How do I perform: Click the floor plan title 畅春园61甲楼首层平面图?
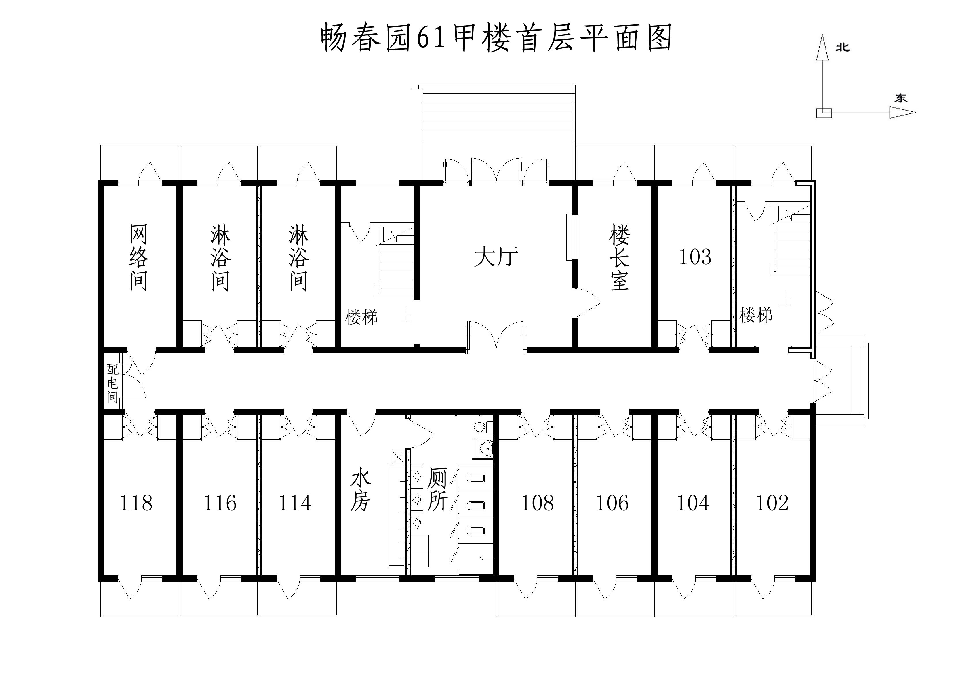pos(496,37)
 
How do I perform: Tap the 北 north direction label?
pos(843,47)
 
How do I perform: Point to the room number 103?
pos(695,257)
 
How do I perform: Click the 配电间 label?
pos(112,383)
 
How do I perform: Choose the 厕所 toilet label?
pos(437,489)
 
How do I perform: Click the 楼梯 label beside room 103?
pos(756,316)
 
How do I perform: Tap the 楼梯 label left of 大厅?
pos(361,317)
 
